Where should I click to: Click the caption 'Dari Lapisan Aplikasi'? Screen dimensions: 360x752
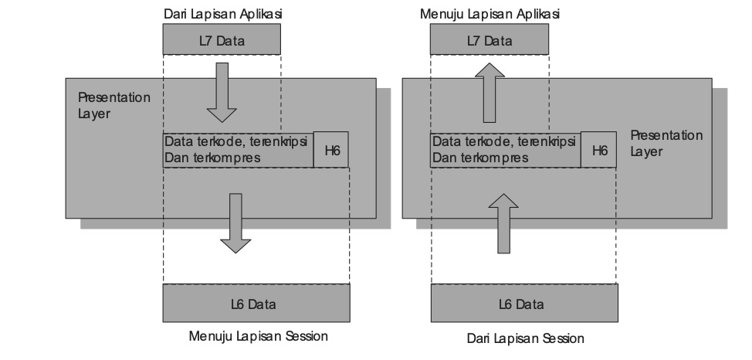coord(221,14)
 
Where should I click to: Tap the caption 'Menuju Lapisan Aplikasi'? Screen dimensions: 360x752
coord(489,14)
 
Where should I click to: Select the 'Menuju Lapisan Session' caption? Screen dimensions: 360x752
coord(259,336)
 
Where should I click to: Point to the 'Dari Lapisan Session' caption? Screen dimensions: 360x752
coord(526,338)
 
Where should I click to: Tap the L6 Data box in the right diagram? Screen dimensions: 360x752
coord(526,304)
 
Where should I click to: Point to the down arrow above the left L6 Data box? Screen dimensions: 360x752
coord(235,223)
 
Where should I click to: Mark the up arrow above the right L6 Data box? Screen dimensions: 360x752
coord(503,223)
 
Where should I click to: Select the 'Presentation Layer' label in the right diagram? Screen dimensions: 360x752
coord(666,143)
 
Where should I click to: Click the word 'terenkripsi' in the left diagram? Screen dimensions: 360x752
coord(280,142)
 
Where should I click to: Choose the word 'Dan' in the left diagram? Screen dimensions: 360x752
coord(174,158)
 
